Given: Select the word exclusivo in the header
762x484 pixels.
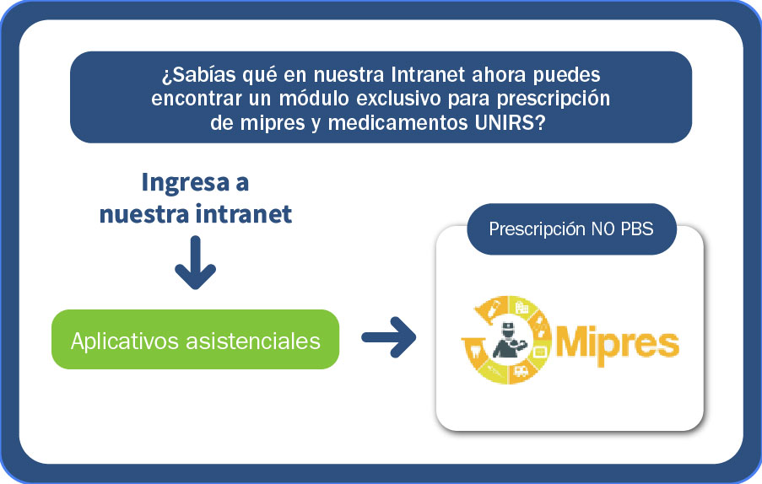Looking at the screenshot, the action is pos(399,99).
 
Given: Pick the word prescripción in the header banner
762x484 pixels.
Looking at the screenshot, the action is pos(553,99).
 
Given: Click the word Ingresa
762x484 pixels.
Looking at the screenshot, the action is pos(185,183).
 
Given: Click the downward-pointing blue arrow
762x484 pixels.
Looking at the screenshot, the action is pos(196,262).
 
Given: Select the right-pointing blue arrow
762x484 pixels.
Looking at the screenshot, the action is pos(389,337).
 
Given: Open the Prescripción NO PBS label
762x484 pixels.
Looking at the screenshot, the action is pos(571,229).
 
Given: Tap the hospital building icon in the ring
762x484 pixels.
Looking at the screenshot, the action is pos(522,309).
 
